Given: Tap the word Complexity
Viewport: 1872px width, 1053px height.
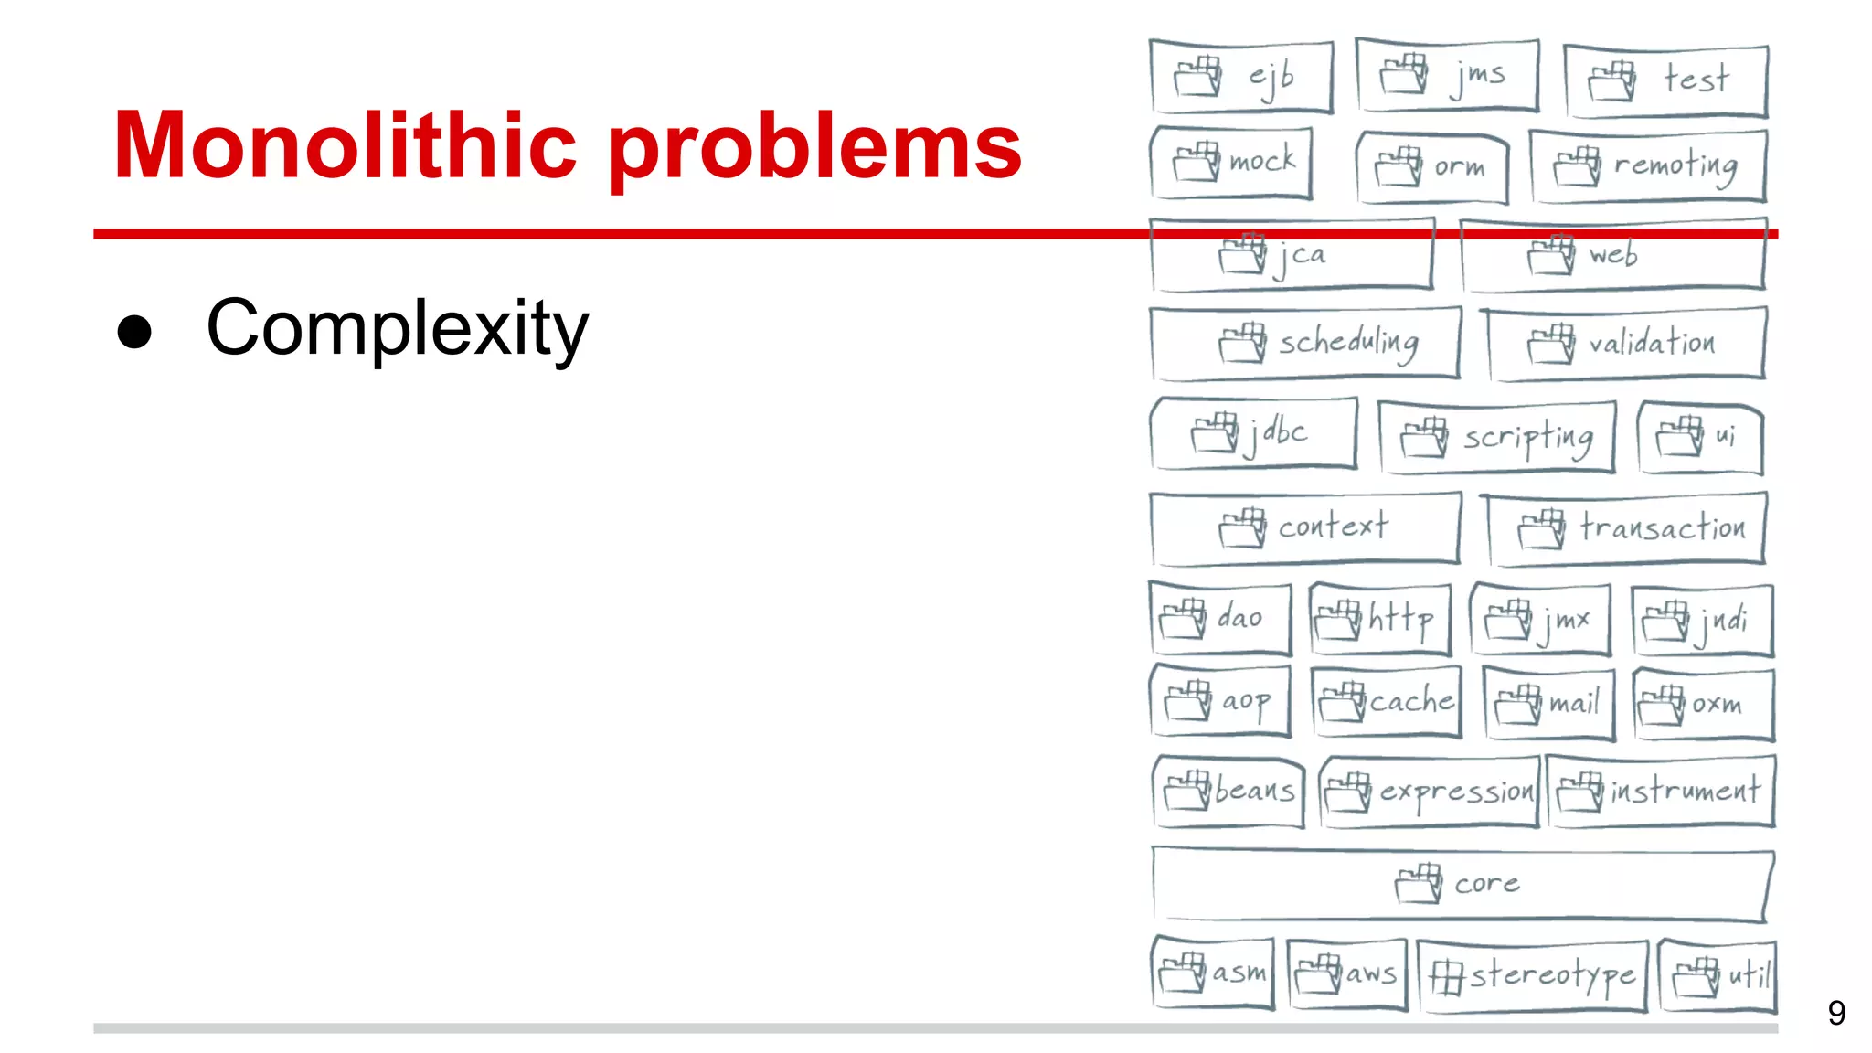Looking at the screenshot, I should [397, 329].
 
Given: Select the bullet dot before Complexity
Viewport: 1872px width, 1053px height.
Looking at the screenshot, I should [134, 331].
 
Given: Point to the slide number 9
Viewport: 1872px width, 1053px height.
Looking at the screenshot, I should [1835, 1013].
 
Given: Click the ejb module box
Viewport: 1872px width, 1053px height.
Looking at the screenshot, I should [1241, 77].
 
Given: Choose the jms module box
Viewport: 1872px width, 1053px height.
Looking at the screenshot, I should [1448, 75].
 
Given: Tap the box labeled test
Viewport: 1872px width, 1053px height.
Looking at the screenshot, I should [1665, 80].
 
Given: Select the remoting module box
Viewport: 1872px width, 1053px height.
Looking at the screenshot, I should [1647, 166].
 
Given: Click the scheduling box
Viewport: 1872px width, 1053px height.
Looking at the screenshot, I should [1305, 344].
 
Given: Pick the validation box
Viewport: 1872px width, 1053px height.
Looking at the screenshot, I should [1625, 344].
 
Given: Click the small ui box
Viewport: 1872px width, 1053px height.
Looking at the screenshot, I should [1700, 437].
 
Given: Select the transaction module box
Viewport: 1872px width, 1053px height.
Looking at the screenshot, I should [1627, 528].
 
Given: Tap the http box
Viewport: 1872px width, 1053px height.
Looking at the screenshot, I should [1380, 620].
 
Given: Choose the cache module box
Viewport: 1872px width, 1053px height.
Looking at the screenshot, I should [1386, 702].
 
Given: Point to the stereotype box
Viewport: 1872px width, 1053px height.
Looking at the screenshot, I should [1532, 976].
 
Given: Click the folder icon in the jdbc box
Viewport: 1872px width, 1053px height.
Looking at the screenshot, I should [1215, 432].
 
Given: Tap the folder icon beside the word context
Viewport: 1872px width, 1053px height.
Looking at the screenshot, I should [1242, 527].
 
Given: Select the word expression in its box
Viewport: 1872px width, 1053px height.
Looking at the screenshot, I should [1455, 792].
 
